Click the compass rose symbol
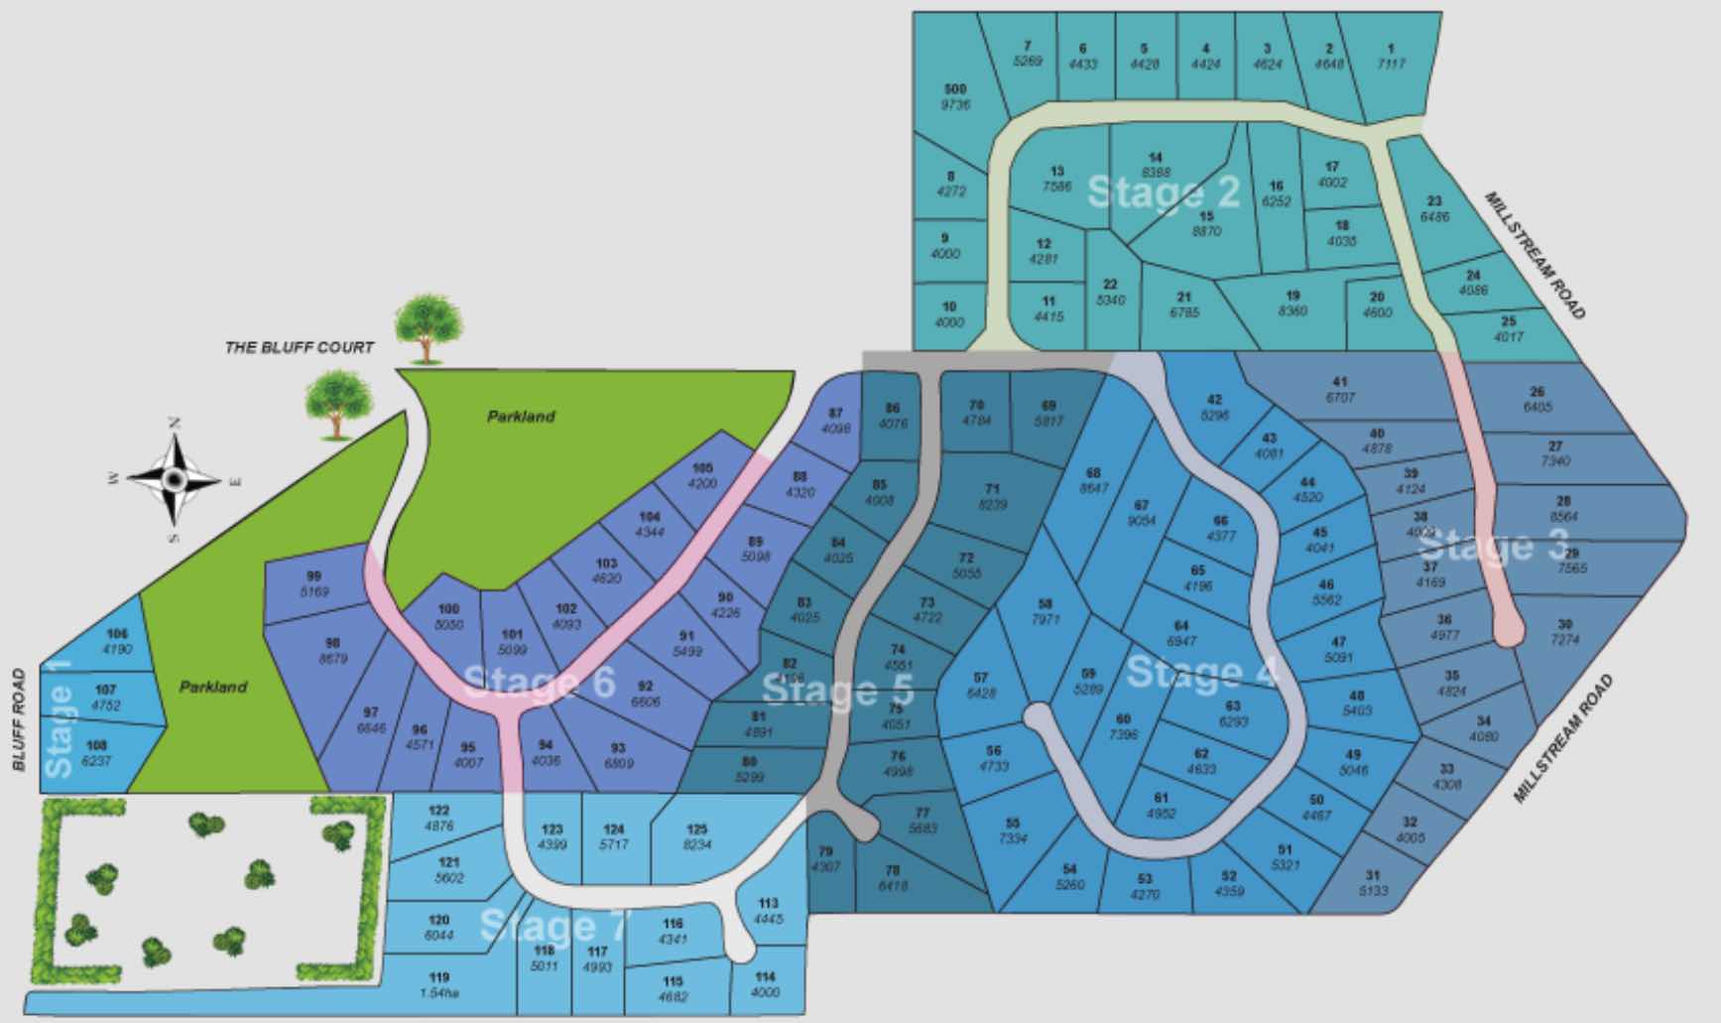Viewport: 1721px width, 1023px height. tap(175, 480)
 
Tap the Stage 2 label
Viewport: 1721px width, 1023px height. tap(1163, 192)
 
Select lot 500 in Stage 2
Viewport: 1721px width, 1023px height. tap(954, 97)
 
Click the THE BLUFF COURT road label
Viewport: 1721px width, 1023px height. tap(300, 347)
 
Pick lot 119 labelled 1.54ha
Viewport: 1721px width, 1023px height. tap(439, 984)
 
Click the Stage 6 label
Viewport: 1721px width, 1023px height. tap(539, 683)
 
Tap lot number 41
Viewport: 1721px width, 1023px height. tap(1339, 389)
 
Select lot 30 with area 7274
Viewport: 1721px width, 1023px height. tap(1564, 632)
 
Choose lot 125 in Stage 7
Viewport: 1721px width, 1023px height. tap(697, 836)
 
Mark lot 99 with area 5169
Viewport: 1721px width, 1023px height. tap(314, 583)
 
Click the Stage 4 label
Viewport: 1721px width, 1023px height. tap(1202, 673)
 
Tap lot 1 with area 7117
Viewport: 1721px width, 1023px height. tap(1391, 56)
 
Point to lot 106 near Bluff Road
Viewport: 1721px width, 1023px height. tap(117, 641)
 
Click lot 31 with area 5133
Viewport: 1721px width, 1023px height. tap(1373, 882)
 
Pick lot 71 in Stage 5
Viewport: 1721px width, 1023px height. tap(992, 496)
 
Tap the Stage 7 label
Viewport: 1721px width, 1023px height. tap(553, 926)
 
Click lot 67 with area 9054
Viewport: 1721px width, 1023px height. tap(1142, 512)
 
